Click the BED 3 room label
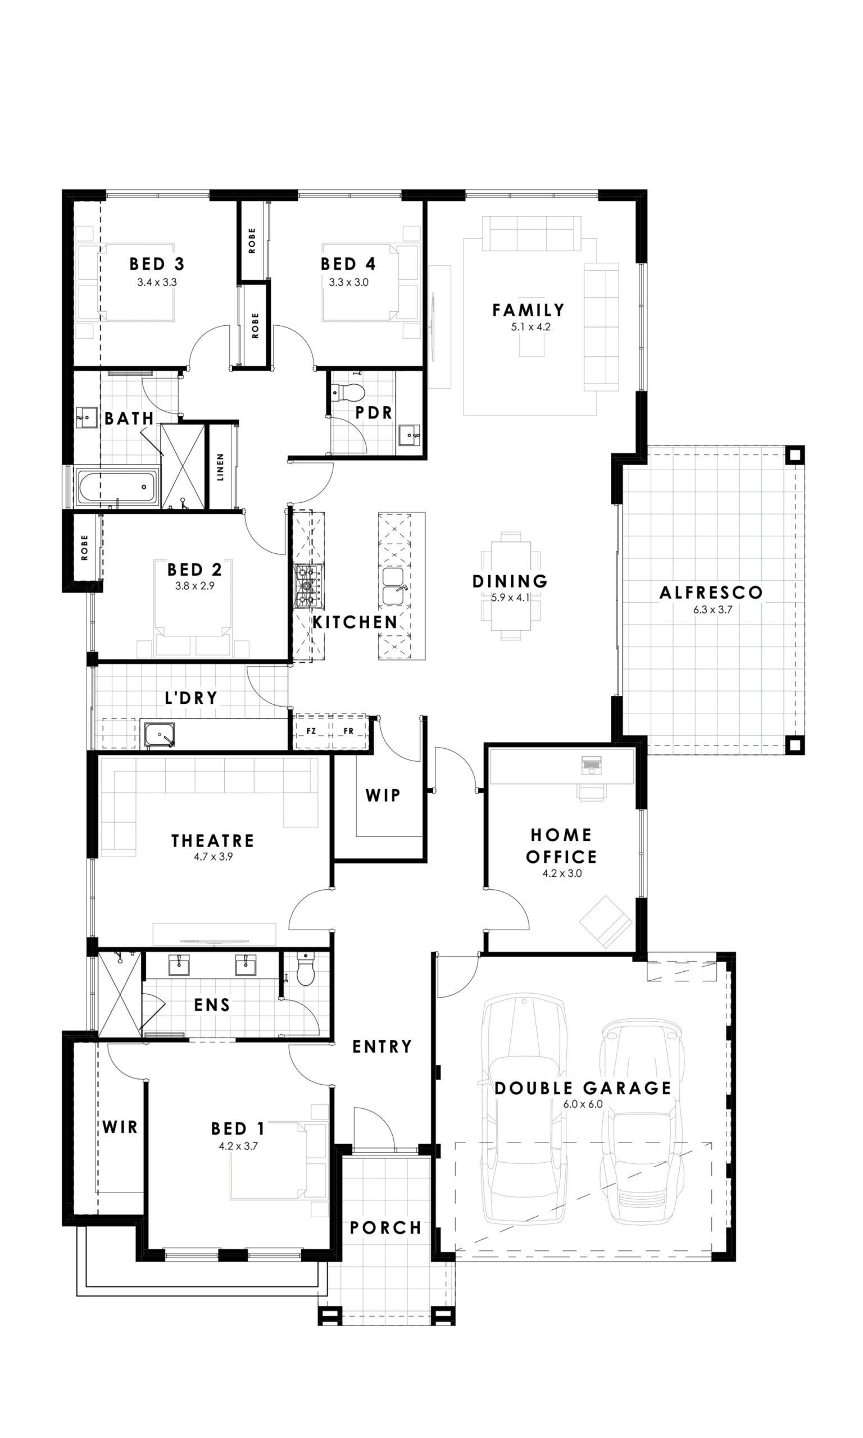(x=156, y=264)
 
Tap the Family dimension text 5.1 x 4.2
(x=530, y=327)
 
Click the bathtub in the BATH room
(x=117, y=487)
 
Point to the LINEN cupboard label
(x=220, y=467)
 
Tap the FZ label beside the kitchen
(x=311, y=731)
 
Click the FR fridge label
(x=348, y=731)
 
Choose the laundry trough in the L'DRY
(x=160, y=735)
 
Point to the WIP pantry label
(x=383, y=795)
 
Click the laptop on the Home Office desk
(x=592, y=766)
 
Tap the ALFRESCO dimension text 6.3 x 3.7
(x=712, y=609)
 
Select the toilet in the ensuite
(x=305, y=969)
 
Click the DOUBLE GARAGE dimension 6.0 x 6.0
(x=583, y=1104)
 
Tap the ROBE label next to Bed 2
(x=85, y=548)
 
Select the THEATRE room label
(x=213, y=841)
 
